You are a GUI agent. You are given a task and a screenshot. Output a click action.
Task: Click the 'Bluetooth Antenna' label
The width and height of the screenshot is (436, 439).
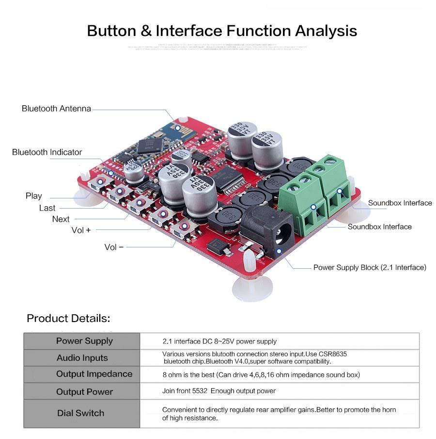point(56,109)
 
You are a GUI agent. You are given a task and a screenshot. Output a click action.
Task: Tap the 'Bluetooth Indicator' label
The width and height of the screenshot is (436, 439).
point(47,152)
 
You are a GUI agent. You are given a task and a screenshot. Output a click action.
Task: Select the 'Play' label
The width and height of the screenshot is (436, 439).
point(34,196)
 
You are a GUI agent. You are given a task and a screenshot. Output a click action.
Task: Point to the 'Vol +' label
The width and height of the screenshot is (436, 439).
point(81,230)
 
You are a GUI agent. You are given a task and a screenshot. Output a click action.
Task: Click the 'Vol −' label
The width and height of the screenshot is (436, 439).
point(114,247)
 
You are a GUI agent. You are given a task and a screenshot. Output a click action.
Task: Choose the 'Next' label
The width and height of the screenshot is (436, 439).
point(61,219)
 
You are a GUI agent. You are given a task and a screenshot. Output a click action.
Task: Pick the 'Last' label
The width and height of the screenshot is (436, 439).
point(47,208)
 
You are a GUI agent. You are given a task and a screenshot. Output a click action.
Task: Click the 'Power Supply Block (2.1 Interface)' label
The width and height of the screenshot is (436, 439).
point(370,267)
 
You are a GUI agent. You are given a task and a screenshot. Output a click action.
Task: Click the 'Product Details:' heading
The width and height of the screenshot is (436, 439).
point(68,319)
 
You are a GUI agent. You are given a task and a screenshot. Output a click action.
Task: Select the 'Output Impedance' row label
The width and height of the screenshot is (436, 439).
point(94,374)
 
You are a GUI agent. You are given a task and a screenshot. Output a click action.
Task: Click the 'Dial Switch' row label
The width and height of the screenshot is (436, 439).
point(80,413)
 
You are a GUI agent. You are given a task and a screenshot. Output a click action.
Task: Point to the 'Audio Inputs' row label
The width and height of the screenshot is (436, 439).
point(82,358)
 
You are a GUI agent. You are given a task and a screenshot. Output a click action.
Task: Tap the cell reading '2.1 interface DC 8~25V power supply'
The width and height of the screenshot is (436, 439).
point(219,341)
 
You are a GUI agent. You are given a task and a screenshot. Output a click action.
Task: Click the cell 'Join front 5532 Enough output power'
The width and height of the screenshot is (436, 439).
point(218,391)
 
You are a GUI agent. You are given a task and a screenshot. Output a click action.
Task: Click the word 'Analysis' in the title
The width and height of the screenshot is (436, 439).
point(326,31)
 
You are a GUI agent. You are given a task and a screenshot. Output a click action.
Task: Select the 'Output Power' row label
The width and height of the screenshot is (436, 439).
point(84,392)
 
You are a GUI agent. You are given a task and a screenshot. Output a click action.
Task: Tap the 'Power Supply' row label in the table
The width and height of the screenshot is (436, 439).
point(84,341)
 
